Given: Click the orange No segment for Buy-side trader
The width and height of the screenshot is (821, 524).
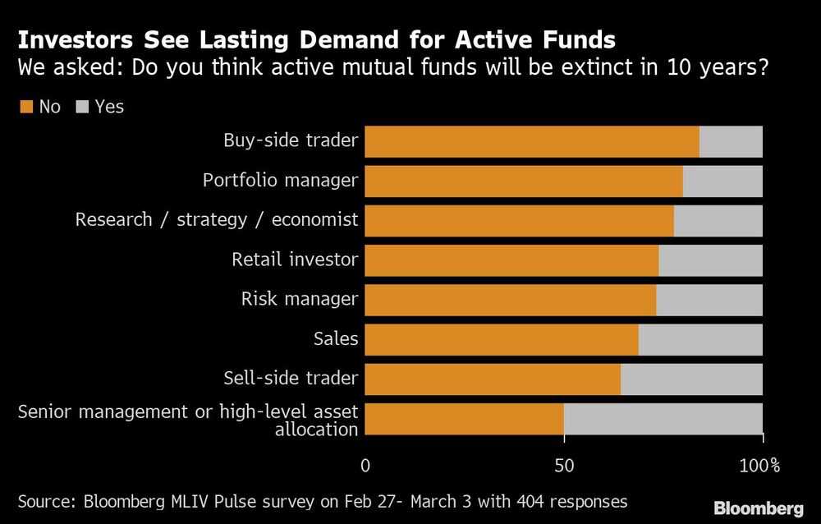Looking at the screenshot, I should (x=531, y=141).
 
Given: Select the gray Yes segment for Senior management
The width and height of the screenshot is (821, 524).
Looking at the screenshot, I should (x=663, y=419).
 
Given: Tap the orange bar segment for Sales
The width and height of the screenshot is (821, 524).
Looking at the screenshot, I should (x=501, y=339).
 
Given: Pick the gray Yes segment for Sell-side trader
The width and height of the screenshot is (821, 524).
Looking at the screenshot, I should (x=691, y=379).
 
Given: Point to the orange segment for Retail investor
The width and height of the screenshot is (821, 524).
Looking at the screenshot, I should (x=511, y=260).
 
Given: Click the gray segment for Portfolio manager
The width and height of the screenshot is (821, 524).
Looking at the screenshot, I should (x=722, y=181).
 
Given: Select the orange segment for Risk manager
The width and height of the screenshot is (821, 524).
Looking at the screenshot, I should (x=510, y=300).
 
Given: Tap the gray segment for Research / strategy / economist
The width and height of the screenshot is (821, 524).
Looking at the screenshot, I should (x=718, y=220).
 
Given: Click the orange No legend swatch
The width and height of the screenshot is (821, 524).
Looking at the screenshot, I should (x=25, y=107).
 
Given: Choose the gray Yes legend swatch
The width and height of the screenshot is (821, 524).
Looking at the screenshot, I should (x=82, y=107).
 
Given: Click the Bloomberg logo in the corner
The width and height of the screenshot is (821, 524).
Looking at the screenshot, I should (x=759, y=508).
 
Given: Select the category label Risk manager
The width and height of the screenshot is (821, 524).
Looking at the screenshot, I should (x=300, y=299).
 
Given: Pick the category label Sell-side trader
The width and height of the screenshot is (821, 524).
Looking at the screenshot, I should (x=291, y=378).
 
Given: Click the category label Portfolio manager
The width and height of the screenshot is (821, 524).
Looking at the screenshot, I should (x=281, y=180).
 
